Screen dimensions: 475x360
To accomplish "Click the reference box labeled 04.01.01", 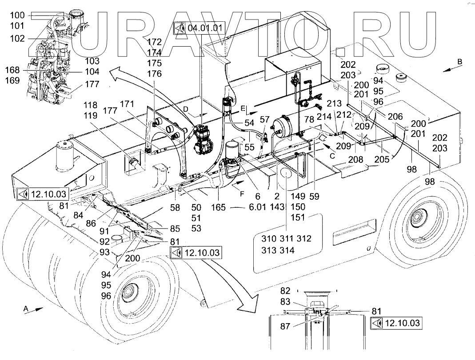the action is (199, 28).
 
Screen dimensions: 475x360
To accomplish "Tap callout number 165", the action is (219, 207).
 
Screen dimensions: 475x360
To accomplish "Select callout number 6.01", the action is (257, 207).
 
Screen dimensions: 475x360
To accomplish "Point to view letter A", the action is (26, 308).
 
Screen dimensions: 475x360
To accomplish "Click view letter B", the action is (459, 61).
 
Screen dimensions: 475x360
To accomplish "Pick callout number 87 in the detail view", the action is (285, 326).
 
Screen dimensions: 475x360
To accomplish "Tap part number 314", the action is (287, 250).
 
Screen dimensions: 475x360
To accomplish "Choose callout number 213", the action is (334, 103).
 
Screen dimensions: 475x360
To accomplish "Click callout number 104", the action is (92, 71).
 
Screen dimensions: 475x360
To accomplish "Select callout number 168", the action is (12, 70).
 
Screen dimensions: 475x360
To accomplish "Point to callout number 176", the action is (155, 74).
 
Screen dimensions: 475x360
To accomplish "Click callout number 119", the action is (91, 115).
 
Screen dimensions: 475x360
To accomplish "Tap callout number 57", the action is (264, 119).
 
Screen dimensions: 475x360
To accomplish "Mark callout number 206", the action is (395, 116).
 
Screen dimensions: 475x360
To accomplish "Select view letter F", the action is (242, 194).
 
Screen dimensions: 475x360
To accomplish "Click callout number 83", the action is (285, 301).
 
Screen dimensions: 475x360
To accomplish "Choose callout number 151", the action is (298, 217).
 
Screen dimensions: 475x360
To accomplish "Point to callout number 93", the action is (104, 252).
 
